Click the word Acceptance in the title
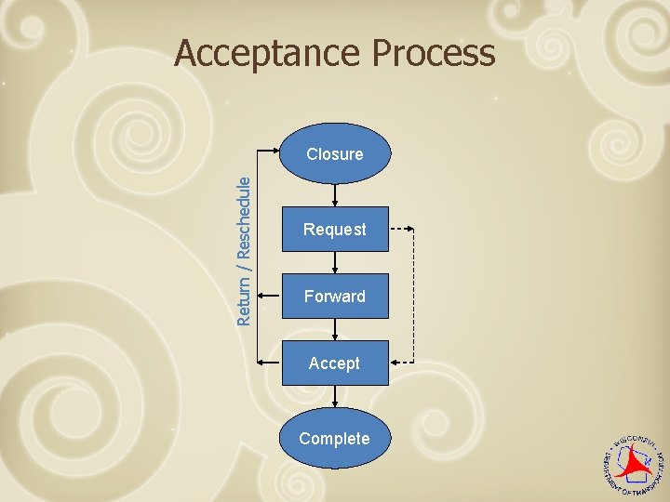click(x=271, y=54)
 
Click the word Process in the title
click(x=435, y=54)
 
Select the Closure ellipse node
click(x=334, y=153)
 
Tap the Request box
click(x=334, y=229)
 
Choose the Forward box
click(x=334, y=297)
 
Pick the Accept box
click(x=334, y=363)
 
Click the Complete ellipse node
click(x=334, y=438)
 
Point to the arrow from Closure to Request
click(x=335, y=194)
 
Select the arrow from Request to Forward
click(x=335, y=263)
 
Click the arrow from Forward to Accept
click(x=335, y=330)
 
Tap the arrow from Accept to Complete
click(x=335, y=397)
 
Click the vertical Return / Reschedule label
click(x=244, y=251)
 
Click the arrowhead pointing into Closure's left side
click(x=277, y=150)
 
